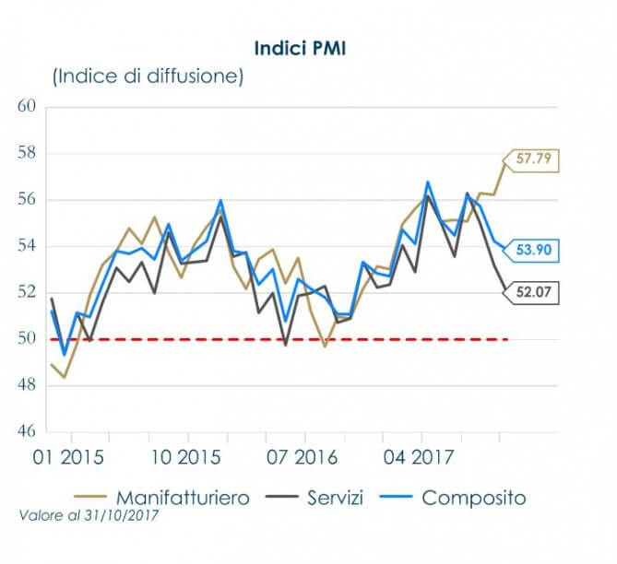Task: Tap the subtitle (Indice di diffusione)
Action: coord(148,76)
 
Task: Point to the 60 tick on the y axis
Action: coord(26,107)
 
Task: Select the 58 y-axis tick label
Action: coord(26,153)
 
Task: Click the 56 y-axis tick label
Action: coord(26,200)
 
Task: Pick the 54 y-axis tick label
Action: coord(26,246)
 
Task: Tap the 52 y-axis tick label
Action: coord(26,293)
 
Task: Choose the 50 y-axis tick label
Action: coord(26,339)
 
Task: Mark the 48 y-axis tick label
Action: coord(26,386)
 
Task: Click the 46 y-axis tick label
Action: coord(26,432)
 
